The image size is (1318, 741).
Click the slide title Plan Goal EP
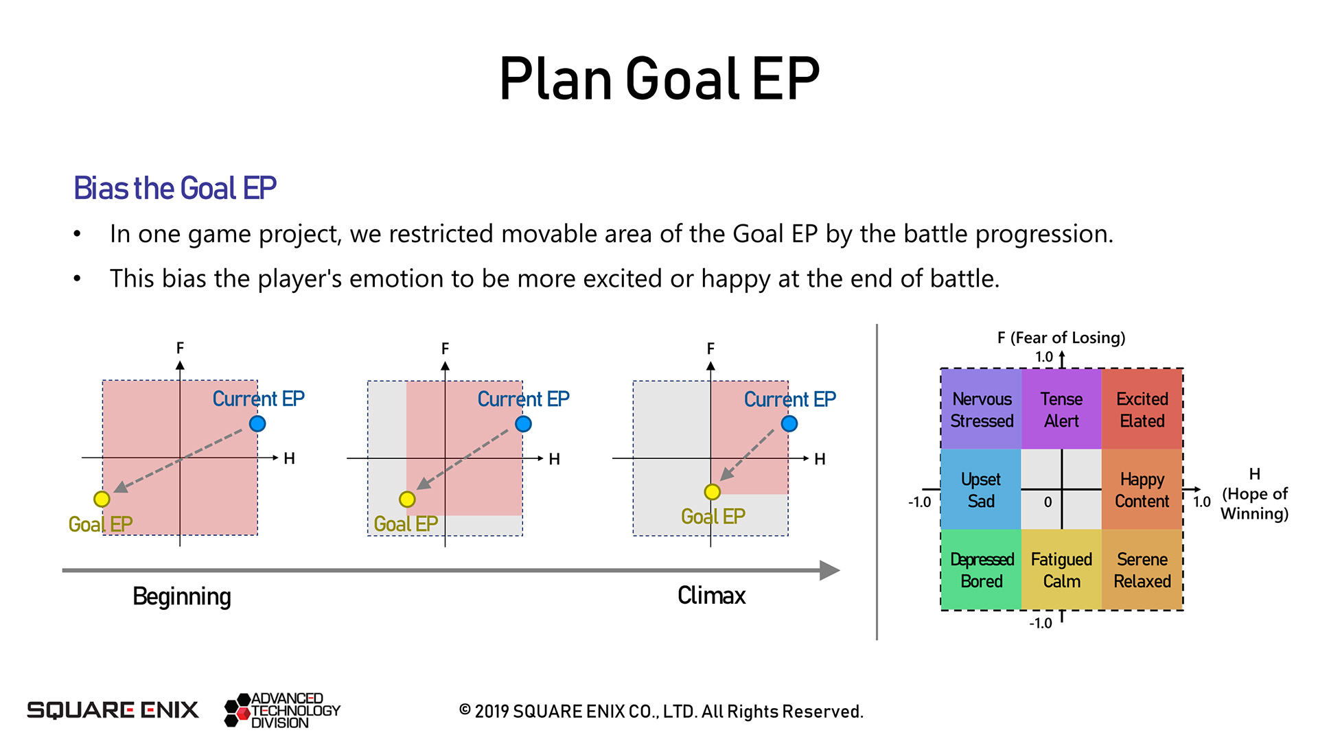[659, 79]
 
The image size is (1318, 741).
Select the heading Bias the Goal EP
[175, 188]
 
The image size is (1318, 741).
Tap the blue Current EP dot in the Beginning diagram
[257, 423]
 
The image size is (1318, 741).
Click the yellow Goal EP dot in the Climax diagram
[713, 491]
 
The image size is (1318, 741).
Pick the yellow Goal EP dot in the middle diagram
[407, 499]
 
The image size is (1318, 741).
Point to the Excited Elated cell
[1142, 409]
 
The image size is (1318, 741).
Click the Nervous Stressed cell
[982, 409]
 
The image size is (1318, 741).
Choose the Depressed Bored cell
[982, 569]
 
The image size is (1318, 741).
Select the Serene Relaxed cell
[1142, 569]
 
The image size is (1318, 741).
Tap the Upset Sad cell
[982, 489]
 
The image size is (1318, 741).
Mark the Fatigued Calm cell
[1061, 569]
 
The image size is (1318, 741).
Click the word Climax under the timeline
[711, 596]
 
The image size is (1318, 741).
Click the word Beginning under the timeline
[182, 597]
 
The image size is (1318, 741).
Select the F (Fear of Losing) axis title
[1061, 338]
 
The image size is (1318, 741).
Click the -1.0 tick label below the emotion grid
[1041, 623]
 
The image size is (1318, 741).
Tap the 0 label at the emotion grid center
[1048, 502]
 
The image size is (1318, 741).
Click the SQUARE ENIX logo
[113, 710]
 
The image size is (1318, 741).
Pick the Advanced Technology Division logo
[282, 710]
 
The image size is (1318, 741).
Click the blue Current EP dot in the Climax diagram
[789, 423]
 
